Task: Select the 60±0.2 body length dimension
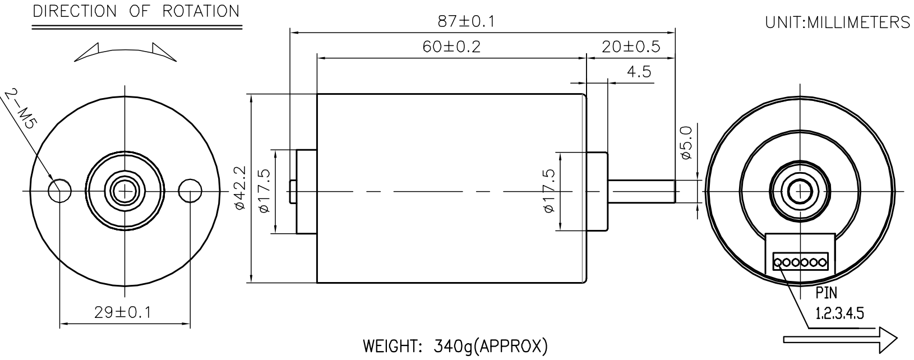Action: click(451, 46)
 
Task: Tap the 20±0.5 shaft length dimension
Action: click(631, 46)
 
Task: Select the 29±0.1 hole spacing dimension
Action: click(122, 312)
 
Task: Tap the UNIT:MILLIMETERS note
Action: click(837, 22)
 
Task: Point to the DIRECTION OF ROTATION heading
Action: click(136, 11)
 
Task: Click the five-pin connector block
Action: click(800, 261)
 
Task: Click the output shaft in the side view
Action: click(642, 191)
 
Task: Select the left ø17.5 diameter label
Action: click(265, 191)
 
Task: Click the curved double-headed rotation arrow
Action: click(124, 52)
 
